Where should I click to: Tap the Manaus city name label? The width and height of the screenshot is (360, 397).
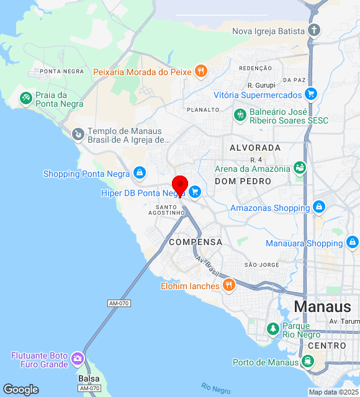point(323,306)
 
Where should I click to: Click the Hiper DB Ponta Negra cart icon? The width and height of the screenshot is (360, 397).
point(195,192)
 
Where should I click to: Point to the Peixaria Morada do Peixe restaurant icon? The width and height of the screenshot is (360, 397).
point(200,72)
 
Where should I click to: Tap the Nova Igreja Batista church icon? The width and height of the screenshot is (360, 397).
point(315,30)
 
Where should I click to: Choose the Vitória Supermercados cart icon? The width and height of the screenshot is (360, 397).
point(311,95)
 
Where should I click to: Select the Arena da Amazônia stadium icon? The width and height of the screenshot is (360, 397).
point(300,168)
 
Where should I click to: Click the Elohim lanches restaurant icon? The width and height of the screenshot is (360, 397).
point(229,285)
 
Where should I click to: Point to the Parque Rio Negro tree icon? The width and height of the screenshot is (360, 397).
point(272,329)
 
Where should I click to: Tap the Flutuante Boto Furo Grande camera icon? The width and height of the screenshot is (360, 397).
point(77,359)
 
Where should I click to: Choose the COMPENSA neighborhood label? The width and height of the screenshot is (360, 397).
point(196,242)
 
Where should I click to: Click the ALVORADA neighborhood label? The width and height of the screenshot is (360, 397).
point(255,148)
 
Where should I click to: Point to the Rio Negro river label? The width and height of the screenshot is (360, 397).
point(216,388)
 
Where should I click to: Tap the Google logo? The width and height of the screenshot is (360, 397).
point(20,390)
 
